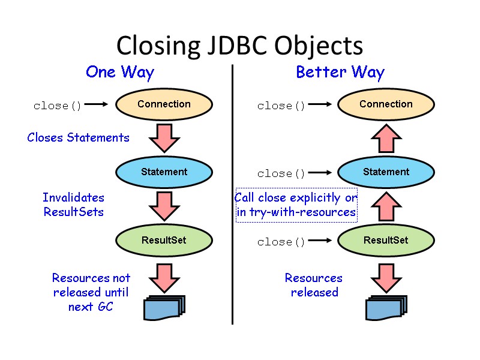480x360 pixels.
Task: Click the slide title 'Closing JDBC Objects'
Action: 239,46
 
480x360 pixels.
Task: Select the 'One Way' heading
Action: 120,73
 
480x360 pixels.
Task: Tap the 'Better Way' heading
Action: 340,73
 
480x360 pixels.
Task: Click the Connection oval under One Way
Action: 164,104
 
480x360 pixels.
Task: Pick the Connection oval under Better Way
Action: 386,104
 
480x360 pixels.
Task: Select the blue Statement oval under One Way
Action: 164,172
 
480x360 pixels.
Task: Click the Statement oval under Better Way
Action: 386,172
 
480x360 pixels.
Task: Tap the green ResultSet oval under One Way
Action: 164,241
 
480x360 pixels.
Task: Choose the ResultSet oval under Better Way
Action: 386,241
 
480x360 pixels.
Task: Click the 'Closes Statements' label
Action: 78,137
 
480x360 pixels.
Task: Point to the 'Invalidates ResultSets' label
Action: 73,205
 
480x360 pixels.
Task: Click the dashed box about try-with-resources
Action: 296,205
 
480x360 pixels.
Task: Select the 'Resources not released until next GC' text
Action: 91,292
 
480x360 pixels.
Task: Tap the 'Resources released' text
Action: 314,285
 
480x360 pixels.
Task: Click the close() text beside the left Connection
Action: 58,106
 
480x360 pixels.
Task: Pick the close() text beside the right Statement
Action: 281,174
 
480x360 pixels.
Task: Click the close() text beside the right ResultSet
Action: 281,242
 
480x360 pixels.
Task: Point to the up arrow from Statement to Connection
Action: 386,139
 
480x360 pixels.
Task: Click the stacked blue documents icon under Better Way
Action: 386,307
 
